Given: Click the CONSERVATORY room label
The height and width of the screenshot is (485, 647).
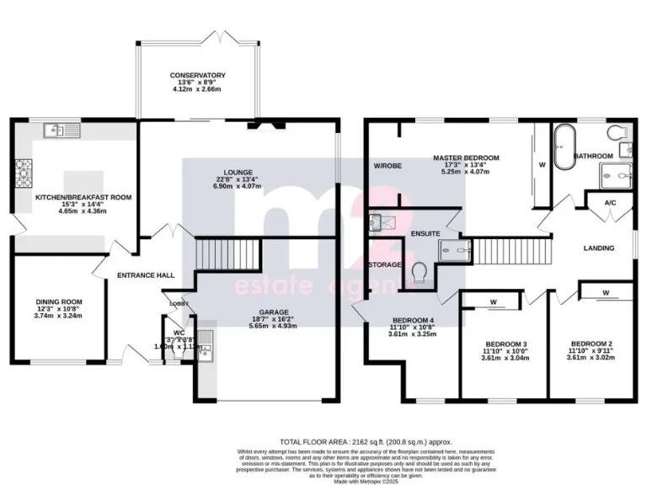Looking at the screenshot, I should [196, 75].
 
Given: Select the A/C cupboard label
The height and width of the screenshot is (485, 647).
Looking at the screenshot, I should [610, 203].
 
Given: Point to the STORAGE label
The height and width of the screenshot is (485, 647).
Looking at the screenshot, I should [383, 264].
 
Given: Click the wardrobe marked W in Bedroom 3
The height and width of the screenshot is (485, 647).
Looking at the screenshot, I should [493, 302].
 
